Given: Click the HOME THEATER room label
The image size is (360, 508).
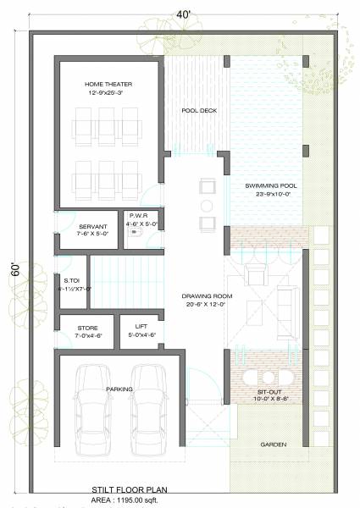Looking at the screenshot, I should (108, 85).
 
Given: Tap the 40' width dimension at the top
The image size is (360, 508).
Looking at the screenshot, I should (183, 13).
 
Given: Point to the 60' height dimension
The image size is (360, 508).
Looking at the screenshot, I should (14, 270).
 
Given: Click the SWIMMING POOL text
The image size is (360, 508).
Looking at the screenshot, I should (264, 185).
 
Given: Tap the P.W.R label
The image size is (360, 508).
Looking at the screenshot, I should (139, 216).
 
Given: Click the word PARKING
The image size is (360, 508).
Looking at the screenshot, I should (119, 389).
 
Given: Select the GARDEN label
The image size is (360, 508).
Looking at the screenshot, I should (272, 444).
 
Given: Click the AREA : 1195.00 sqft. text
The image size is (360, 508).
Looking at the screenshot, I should (127, 500).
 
